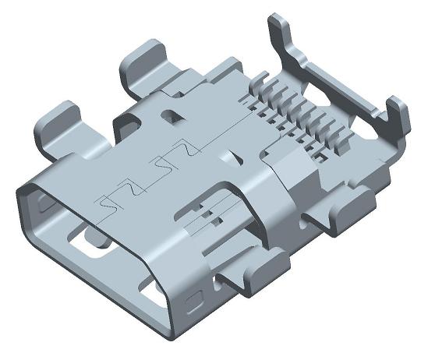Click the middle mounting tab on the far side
(x=145, y=66)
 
